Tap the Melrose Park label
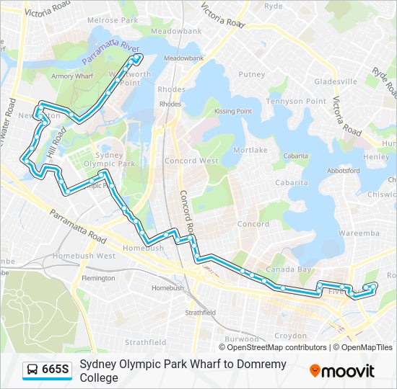click(x=107, y=21)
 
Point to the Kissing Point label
click(x=233, y=112)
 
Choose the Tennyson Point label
click(x=297, y=102)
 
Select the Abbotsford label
click(x=343, y=171)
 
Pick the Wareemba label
click(x=359, y=233)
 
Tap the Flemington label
click(x=98, y=278)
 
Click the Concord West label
click(x=191, y=161)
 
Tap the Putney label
click(x=253, y=74)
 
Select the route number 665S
click(x=56, y=370)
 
